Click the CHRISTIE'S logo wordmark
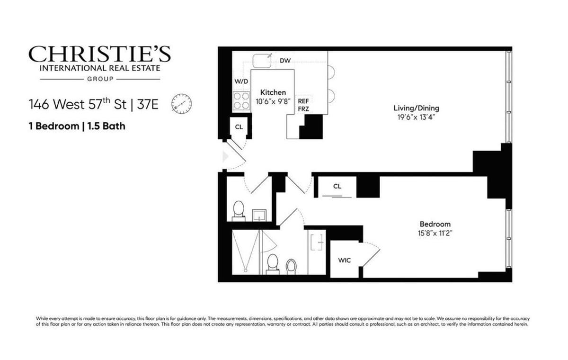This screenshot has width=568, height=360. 99,54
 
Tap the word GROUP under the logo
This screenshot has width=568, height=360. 99,79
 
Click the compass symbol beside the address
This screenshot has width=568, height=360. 181,103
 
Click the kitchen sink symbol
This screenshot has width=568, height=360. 261,61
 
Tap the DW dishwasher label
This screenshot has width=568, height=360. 285,61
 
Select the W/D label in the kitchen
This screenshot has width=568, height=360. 241,81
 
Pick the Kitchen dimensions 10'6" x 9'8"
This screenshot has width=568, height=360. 273,101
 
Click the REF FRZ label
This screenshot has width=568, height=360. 303,104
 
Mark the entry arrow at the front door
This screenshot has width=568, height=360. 225,156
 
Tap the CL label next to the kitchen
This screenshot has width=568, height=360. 239,127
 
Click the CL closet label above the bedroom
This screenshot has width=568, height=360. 337,186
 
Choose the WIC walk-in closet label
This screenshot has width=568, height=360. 344,260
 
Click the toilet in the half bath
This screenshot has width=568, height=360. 239,210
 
